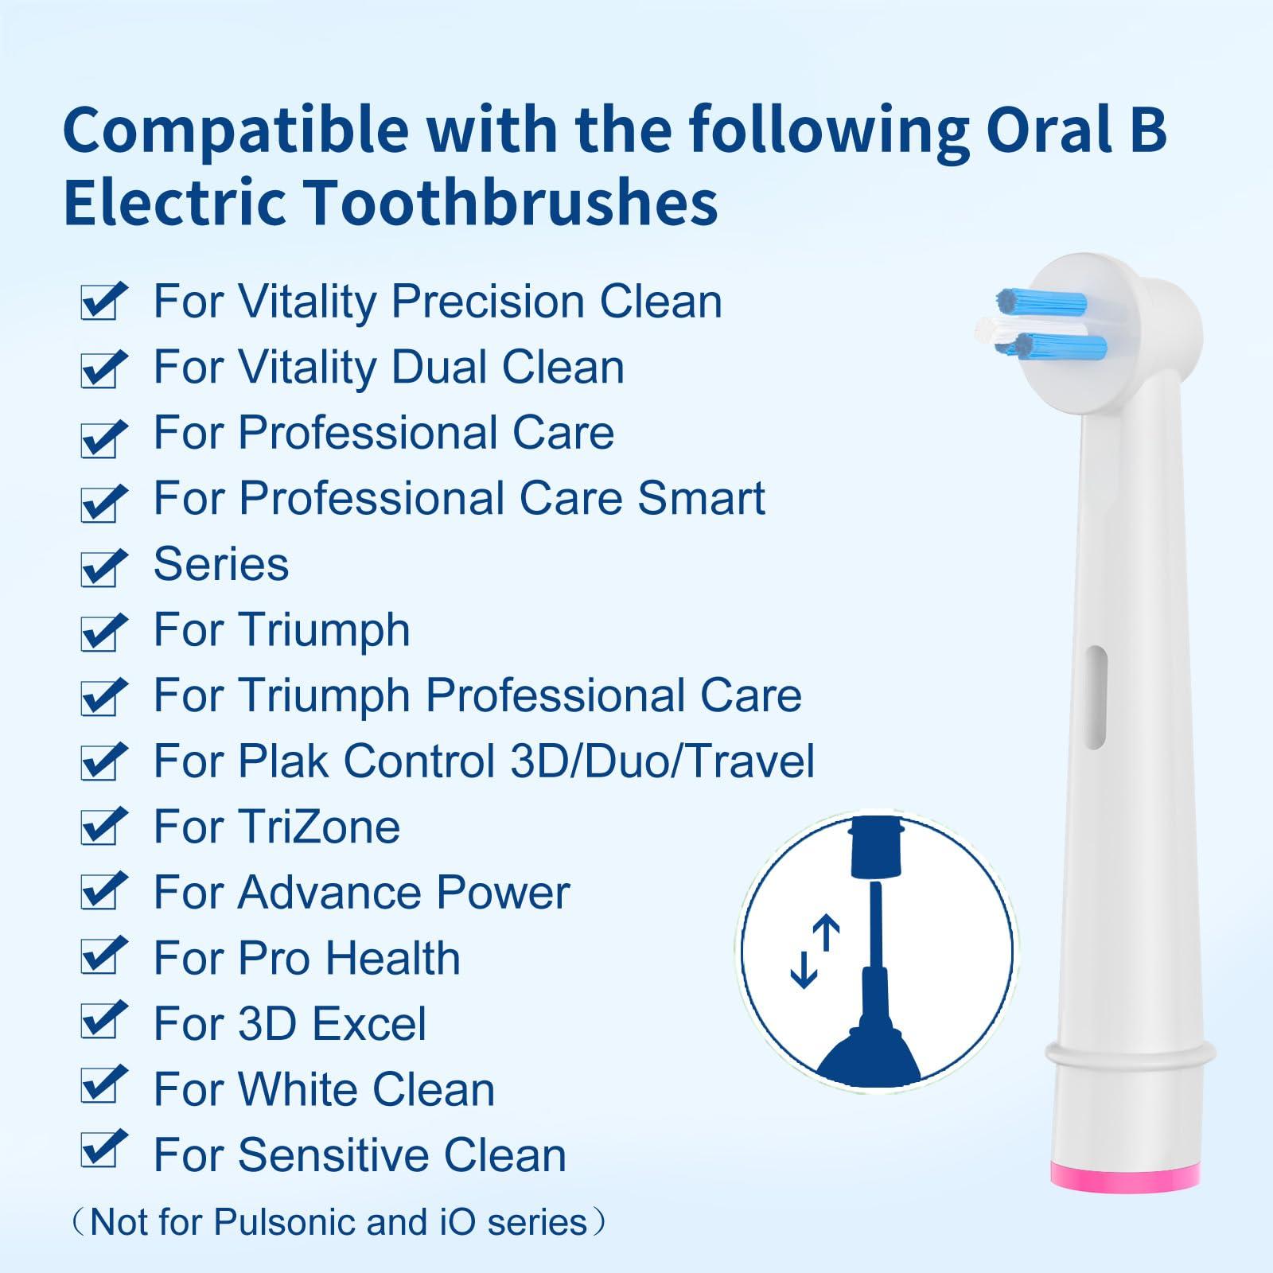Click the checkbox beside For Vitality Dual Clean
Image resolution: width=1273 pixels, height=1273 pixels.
[x=101, y=369]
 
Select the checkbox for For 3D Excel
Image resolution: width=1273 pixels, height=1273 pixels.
[x=101, y=1024]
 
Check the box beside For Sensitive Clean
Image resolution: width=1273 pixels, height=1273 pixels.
[x=101, y=1154]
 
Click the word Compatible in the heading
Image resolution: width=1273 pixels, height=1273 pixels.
[x=236, y=129]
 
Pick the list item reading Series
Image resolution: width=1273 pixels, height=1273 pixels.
[x=221, y=564]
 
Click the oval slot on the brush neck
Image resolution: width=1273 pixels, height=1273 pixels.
[x=1096, y=697]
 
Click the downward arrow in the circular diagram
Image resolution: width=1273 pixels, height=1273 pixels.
[x=804, y=969]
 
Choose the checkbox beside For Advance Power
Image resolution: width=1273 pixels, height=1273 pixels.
[x=101, y=893]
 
